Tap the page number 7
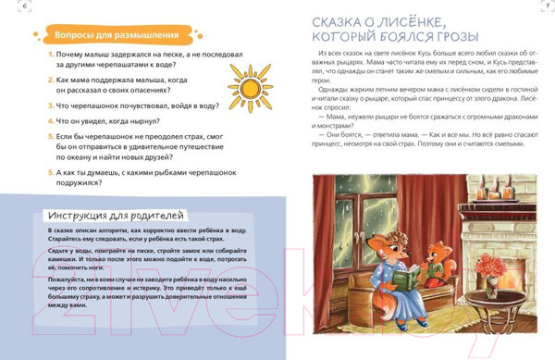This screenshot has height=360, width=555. click(548, 7)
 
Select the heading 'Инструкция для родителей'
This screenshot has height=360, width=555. click(115, 215)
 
